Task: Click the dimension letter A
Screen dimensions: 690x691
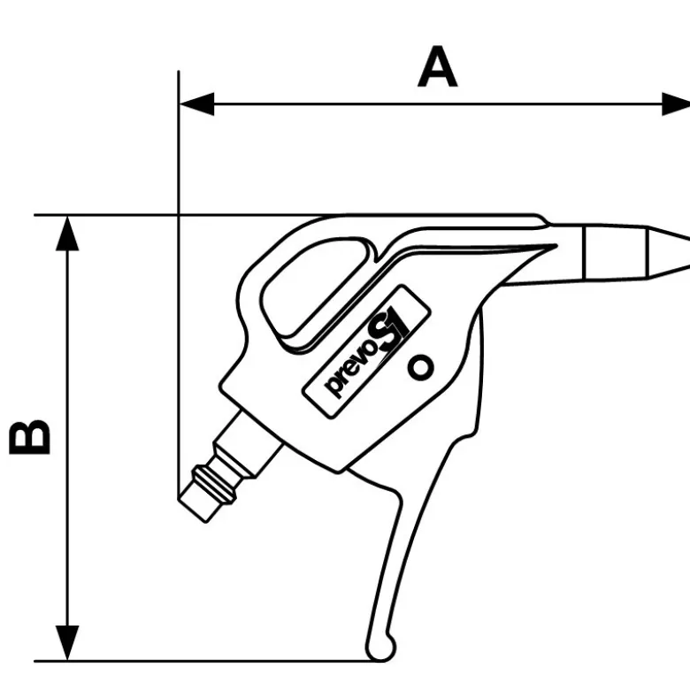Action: (x=437, y=66)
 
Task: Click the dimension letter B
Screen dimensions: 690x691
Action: (x=30, y=437)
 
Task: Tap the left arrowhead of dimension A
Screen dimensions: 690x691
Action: (x=196, y=104)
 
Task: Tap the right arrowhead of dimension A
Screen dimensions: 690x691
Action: (x=676, y=104)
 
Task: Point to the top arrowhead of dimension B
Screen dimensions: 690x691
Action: (x=67, y=233)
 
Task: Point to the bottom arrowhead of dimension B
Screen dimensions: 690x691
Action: (x=67, y=643)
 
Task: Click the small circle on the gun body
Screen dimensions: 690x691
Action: (x=420, y=366)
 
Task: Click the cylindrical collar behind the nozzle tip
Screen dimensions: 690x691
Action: (x=616, y=252)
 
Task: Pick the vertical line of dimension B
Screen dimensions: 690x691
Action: (x=67, y=438)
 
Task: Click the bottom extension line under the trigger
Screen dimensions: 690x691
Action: (x=208, y=661)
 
